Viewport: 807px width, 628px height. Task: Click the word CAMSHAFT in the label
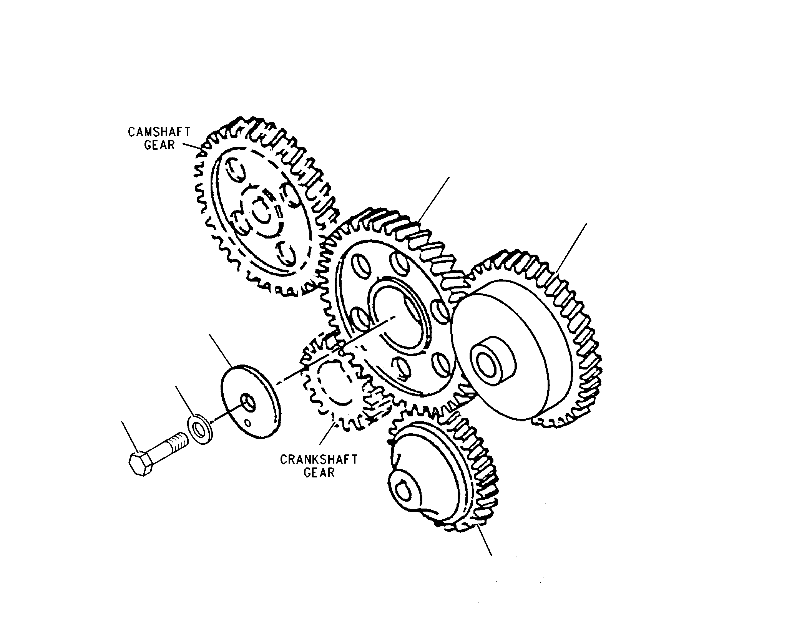(x=159, y=132)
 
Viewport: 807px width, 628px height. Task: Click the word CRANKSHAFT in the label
(x=319, y=459)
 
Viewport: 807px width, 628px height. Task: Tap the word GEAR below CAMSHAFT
(x=159, y=145)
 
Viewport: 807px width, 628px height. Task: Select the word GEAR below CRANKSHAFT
(x=319, y=472)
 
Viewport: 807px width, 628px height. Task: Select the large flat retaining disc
(x=251, y=402)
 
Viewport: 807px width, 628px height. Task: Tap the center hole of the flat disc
(x=247, y=402)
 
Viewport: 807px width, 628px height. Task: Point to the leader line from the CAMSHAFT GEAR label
(x=192, y=146)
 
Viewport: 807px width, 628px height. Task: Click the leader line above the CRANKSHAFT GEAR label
(x=327, y=438)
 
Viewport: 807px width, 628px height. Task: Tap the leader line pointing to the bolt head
(x=130, y=437)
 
